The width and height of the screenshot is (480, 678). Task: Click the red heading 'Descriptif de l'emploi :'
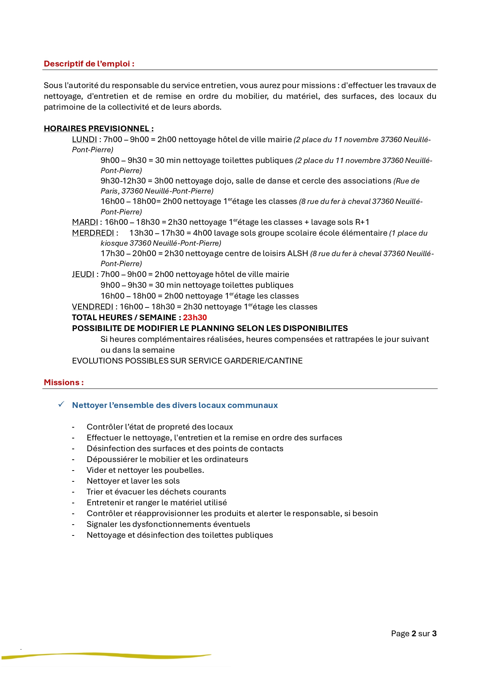tap(89, 64)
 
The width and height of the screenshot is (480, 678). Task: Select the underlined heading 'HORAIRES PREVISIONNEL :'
tap(99, 129)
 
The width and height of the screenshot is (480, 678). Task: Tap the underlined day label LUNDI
tap(84, 139)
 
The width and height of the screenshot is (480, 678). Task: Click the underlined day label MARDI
tap(85, 222)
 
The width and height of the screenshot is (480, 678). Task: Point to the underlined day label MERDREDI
tap(93, 233)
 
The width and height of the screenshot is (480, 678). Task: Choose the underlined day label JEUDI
tap(83, 274)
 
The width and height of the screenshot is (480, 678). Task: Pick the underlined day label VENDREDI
tap(92, 307)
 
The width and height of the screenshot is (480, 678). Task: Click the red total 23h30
tap(195, 318)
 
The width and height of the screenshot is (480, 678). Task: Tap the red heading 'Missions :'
tap(64, 382)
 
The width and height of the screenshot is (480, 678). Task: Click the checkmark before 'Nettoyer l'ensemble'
tap(61, 404)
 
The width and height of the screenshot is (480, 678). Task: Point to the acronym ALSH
tap(297, 253)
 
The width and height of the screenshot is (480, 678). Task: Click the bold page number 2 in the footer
tap(414, 634)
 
